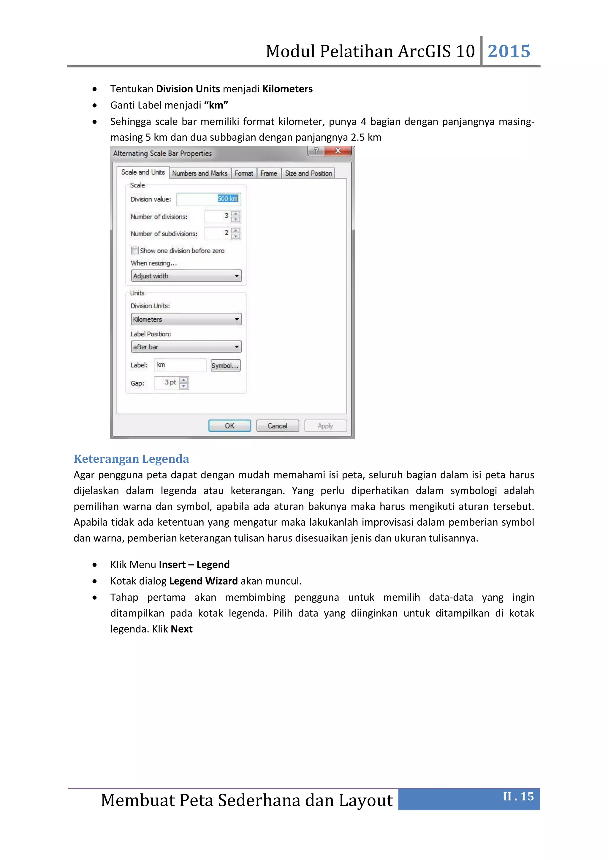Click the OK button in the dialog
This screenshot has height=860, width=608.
[x=229, y=426]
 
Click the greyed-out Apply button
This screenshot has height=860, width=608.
[x=325, y=426]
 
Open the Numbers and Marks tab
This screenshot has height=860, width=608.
[x=199, y=173]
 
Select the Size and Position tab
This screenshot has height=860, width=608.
[x=308, y=173]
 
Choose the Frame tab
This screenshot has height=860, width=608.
[x=269, y=173]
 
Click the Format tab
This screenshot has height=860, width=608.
[x=244, y=173]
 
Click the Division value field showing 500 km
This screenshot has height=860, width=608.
[x=208, y=199]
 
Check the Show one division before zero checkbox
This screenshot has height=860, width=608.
[x=135, y=251]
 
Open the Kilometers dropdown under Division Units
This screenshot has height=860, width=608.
[x=186, y=320]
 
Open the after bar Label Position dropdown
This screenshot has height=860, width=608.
[x=186, y=347]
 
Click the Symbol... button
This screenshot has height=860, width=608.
[x=225, y=366]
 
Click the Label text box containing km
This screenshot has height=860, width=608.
[x=180, y=365]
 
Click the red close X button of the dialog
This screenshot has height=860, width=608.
[x=338, y=151]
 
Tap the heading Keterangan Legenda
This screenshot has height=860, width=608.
[x=131, y=459]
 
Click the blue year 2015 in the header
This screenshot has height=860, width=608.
[x=509, y=51]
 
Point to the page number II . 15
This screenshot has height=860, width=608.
[x=518, y=797]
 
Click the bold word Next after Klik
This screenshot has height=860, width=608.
[x=182, y=629]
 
